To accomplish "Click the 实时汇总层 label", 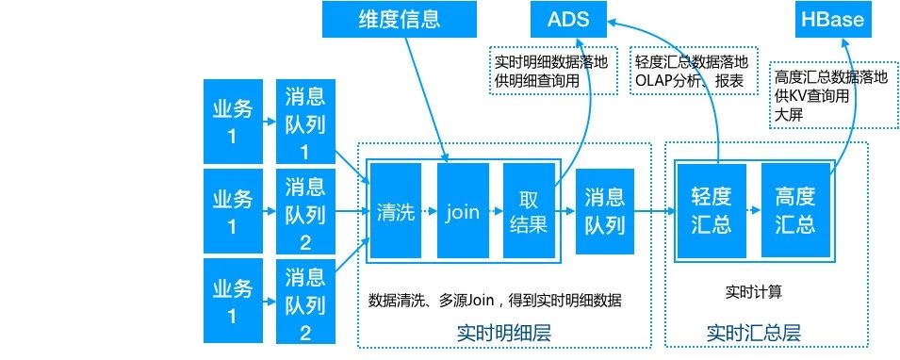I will [752, 333].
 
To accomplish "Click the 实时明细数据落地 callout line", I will [550, 63].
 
